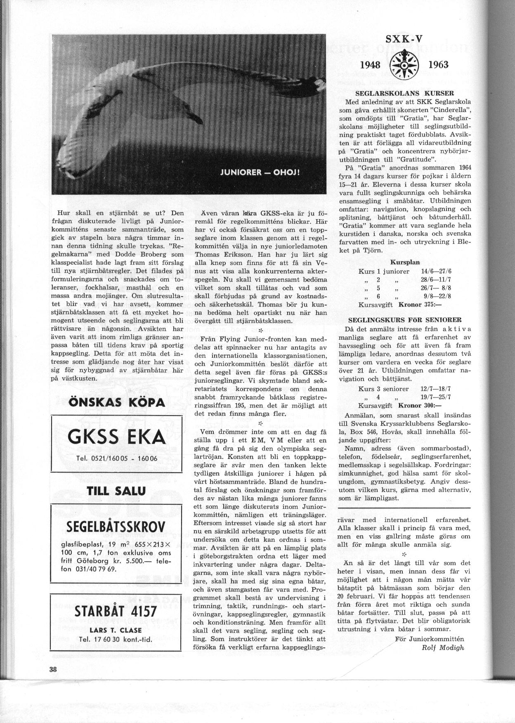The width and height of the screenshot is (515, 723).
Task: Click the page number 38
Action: point(53,670)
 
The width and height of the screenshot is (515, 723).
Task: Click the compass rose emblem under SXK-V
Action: point(404,65)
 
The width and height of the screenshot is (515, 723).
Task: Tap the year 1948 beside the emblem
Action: point(371,65)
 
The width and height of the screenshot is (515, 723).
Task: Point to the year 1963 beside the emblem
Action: point(438,65)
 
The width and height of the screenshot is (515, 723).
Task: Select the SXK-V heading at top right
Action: point(404,40)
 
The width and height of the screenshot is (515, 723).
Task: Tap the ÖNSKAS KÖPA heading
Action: point(116,402)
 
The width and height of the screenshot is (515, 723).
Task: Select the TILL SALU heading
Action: point(116,491)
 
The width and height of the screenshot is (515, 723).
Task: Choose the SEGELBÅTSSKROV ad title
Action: point(116,527)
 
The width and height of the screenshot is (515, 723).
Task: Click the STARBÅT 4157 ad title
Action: point(116,611)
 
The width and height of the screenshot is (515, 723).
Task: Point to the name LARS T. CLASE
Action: point(116,630)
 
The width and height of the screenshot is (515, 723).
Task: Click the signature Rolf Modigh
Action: point(443,647)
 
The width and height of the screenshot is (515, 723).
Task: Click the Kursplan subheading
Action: point(404,262)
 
